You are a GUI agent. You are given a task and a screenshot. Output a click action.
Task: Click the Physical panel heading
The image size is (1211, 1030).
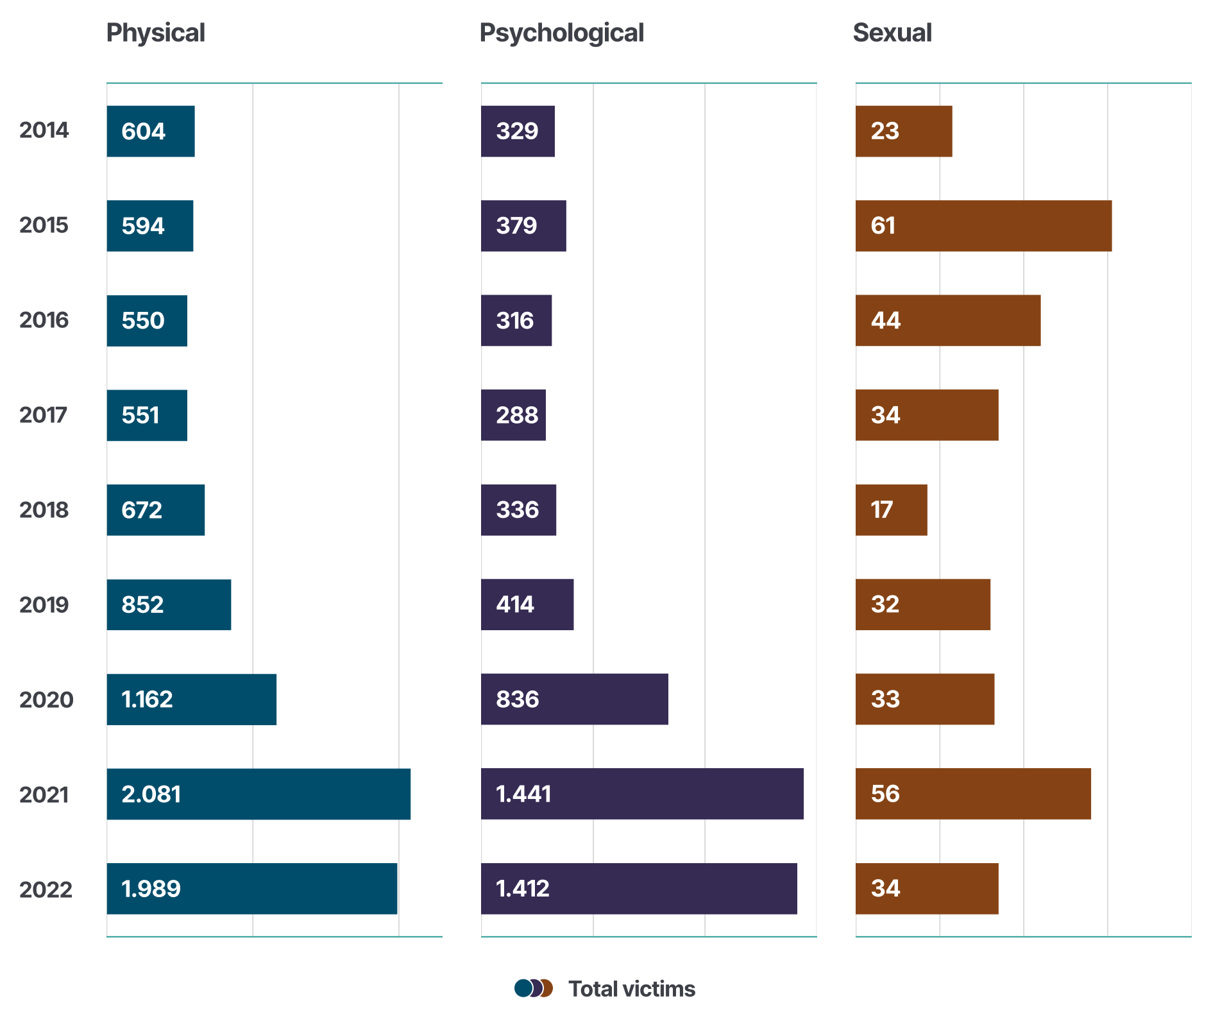(x=155, y=33)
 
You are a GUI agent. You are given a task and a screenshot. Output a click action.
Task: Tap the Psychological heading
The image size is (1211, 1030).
(x=561, y=33)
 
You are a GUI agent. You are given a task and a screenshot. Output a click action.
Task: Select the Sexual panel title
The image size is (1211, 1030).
(x=892, y=33)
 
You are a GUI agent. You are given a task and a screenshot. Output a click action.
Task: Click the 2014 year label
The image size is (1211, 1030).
(x=44, y=130)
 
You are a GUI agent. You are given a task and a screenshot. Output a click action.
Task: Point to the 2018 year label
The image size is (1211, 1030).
(x=44, y=510)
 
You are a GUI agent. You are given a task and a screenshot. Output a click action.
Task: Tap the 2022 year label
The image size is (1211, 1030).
(x=46, y=889)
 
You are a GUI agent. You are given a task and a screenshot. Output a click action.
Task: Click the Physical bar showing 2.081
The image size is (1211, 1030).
(x=258, y=794)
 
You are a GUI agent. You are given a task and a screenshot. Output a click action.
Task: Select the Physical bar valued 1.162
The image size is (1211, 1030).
(x=191, y=699)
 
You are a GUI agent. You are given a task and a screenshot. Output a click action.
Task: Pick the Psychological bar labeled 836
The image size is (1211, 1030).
(x=574, y=699)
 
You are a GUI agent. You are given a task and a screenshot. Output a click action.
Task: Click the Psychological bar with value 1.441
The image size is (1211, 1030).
(x=642, y=794)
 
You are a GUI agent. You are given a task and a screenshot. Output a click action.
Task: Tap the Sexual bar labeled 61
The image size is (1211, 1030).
(x=983, y=225)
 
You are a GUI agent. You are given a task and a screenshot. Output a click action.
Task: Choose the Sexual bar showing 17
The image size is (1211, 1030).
(x=891, y=510)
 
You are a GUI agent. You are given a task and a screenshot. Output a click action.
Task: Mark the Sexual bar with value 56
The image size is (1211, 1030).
(x=973, y=794)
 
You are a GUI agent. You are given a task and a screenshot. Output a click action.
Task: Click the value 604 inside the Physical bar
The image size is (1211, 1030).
(x=144, y=131)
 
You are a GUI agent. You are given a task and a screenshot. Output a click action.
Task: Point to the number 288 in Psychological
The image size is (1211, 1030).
(x=517, y=415)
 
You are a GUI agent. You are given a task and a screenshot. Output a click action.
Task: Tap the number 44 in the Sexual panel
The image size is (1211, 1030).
(x=885, y=320)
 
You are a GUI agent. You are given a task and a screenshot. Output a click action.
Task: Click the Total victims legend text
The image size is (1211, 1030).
(x=631, y=989)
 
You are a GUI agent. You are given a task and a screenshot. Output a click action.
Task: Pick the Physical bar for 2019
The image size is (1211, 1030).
(x=169, y=605)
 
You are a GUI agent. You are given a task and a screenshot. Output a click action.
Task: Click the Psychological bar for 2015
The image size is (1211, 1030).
(x=523, y=225)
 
